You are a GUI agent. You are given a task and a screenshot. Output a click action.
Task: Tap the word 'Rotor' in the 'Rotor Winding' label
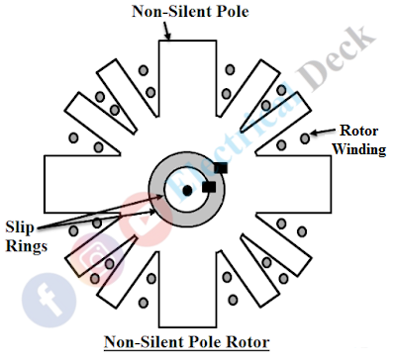pos(359,132)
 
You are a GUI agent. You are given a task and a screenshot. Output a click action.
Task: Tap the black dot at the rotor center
pos(185,189)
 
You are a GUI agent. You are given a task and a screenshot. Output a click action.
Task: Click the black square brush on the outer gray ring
pos(220,169)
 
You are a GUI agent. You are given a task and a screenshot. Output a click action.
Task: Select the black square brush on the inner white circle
pos(208,186)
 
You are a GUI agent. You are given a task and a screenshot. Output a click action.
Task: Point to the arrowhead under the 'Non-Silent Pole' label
pos(169,37)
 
